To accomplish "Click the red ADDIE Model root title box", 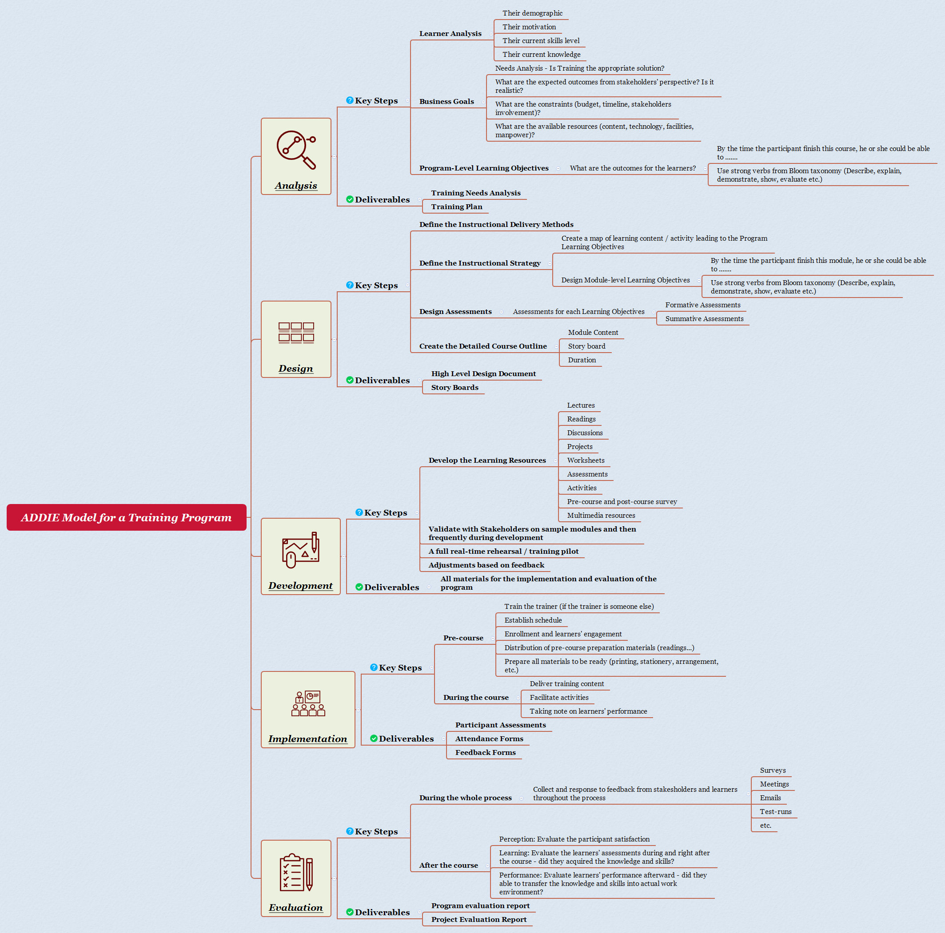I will pos(126,517).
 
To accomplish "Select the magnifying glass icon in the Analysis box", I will pos(296,150).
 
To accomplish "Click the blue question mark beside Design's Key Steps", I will pos(350,285).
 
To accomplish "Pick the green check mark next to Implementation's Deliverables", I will pos(374,738).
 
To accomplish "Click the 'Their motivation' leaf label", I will pos(529,27).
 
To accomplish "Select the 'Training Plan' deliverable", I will pos(456,207).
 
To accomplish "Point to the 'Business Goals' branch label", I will pos(446,102).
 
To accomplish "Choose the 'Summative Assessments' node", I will pos(704,319).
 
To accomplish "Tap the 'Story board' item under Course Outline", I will pos(586,346).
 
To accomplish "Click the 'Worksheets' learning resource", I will pos(586,461).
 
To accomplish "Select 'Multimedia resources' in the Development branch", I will pos(601,516).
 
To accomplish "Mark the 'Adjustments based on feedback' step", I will pos(486,565).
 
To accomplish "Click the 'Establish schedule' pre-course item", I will pos(533,620).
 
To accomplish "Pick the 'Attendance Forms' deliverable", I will pos(489,739).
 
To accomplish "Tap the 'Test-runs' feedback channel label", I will pos(775,812).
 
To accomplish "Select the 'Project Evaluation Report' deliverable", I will pos(478,919).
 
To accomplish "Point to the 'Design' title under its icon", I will pos(295,369).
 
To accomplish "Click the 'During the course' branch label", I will pos(475,698).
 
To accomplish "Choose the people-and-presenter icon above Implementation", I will pos(307,704).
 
